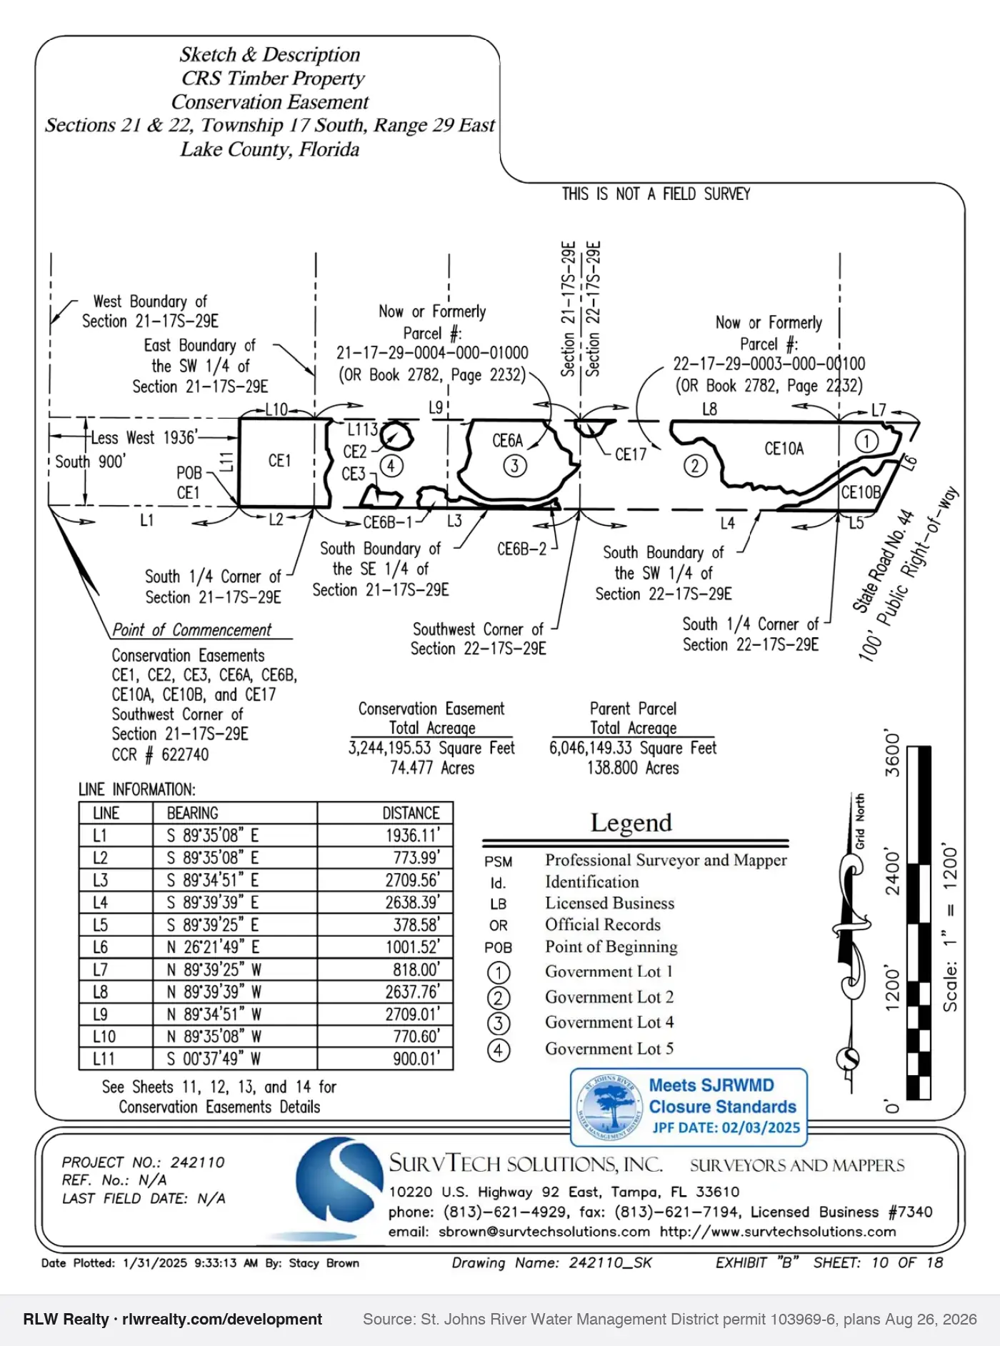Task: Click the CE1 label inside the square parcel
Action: coord(279,461)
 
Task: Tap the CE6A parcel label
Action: coord(507,441)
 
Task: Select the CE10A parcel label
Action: coord(784,449)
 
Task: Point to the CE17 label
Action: coord(631,454)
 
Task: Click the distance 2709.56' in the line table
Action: coord(413,880)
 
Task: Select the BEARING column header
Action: coord(192,813)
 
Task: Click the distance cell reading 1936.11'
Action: coord(413,835)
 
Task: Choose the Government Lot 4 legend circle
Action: coord(499,1024)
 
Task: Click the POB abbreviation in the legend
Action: coord(498,947)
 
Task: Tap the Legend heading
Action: coord(631,823)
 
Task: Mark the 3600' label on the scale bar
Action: coord(893,753)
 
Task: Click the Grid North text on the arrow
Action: coord(860,821)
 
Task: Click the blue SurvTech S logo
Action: coord(340,1180)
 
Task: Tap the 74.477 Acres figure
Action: coord(432,768)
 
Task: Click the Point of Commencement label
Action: coord(192,629)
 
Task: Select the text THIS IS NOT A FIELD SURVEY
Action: coord(656,194)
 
